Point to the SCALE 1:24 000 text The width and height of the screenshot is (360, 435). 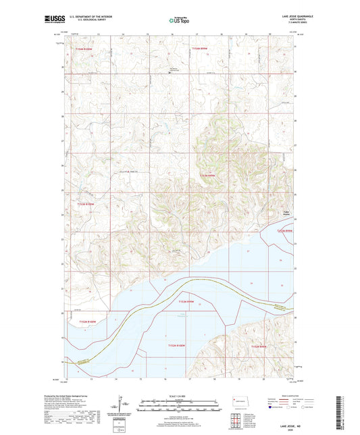point(179,396)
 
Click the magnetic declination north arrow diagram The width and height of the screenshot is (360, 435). point(121,409)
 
